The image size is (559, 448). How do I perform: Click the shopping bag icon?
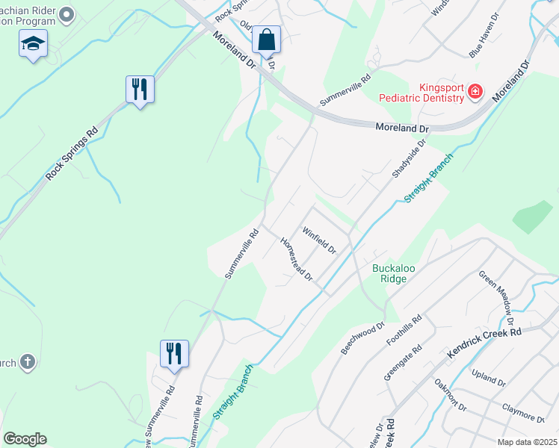266,39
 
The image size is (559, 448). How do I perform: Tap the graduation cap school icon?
33,44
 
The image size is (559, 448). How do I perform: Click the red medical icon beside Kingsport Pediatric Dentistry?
475,92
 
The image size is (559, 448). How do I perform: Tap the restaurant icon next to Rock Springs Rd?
140,90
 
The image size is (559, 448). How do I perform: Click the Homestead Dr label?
296,260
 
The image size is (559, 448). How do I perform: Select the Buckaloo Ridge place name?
389,273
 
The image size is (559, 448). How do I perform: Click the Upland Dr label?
489,376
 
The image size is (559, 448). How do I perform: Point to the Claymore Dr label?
522,411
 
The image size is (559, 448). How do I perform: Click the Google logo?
25,439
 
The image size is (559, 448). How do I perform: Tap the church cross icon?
27,362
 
